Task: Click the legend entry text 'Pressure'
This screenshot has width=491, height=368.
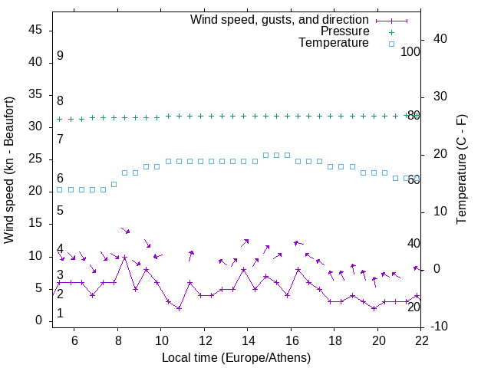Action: tap(344, 31)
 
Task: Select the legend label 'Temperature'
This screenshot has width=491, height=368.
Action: tap(334, 44)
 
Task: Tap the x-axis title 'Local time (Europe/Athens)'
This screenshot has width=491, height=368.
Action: tap(236, 357)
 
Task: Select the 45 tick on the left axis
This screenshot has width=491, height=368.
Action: tap(35, 30)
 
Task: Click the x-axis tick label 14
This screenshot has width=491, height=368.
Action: tap(248, 340)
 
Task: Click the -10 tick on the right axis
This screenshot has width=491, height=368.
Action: tap(440, 327)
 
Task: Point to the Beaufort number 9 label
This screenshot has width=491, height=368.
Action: tap(60, 56)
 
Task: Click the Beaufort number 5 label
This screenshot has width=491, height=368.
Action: tap(60, 211)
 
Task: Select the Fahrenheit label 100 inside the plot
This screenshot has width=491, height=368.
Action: tap(410, 52)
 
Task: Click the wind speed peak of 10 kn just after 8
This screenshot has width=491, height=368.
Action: tap(125, 257)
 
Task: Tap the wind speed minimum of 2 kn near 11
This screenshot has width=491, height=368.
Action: tap(179, 308)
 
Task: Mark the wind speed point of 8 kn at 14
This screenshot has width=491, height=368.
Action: tap(244, 269)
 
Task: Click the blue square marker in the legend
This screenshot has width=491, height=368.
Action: tap(391, 44)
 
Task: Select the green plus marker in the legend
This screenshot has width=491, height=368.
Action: tap(391, 31)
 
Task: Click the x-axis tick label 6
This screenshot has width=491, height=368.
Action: tap(74, 340)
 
